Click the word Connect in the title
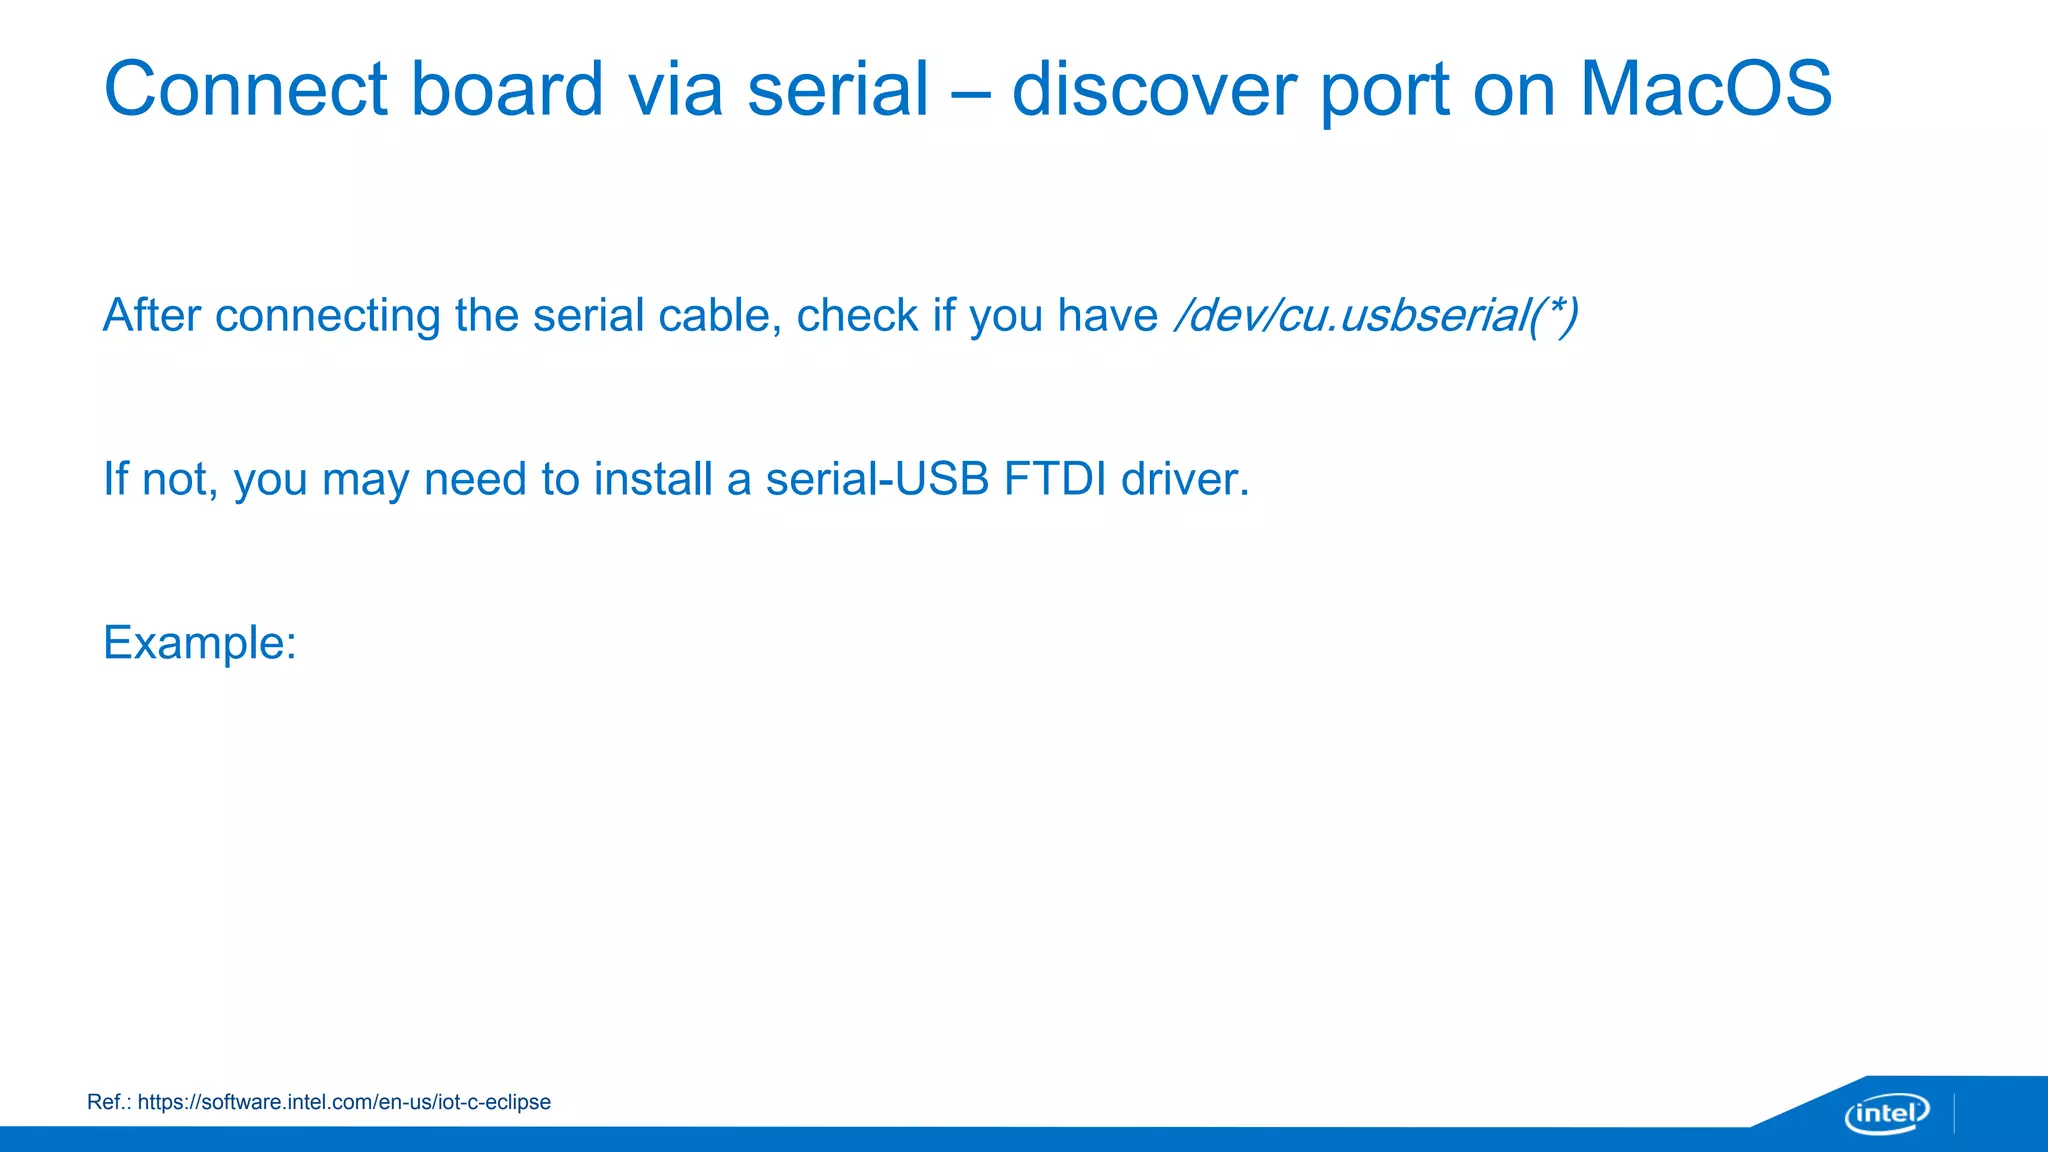pos(245,89)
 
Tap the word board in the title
pos(507,89)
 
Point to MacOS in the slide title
pos(1705,89)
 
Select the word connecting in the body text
pos(327,317)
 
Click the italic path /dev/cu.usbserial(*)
pos(1376,315)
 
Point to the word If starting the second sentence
pos(115,479)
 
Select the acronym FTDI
pos(1055,479)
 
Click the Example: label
pos(200,643)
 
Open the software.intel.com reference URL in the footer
pos(344,1102)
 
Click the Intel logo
pos(1886,1113)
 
